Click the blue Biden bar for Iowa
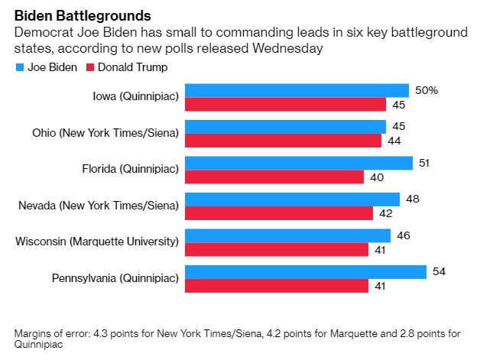(x=297, y=90)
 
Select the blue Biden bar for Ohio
(x=285, y=127)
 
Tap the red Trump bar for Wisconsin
(x=277, y=250)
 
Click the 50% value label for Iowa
(x=427, y=90)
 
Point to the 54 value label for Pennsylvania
(x=439, y=271)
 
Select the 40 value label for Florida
(x=376, y=177)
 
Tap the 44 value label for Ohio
(x=394, y=141)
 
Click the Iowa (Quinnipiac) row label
(x=132, y=97)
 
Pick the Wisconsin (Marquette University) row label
(x=97, y=242)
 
